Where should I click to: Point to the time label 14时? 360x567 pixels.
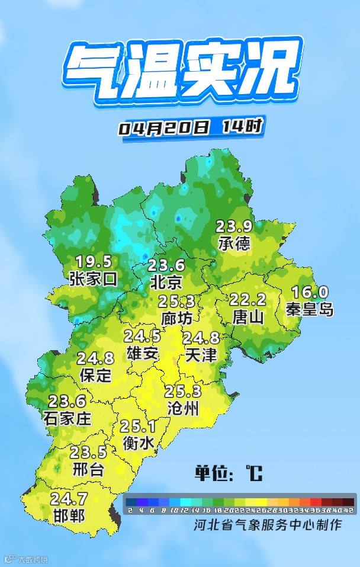[242, 126]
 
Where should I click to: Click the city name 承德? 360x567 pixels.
[234, 243]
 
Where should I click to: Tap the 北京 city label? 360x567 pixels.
[166, 281]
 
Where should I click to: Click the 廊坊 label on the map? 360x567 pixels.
[176, 318]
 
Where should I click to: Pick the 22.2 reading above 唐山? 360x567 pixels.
[247, 300]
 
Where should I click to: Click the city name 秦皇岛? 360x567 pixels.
[309, 309]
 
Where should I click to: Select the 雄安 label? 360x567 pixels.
[143, 353]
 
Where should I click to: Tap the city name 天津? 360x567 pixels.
[201, 355]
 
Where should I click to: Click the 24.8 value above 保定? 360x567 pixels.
[95, 358]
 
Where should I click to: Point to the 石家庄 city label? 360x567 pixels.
[67, 418]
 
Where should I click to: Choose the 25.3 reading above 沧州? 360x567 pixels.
[183, 392]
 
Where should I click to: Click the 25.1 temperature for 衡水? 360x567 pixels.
[138, 426]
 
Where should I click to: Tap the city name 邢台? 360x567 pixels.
[88, 470]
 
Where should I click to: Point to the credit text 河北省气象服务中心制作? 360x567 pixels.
[268, 524]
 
